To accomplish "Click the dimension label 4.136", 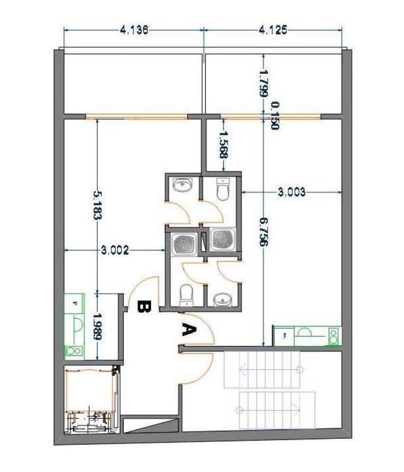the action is tap(134, 30).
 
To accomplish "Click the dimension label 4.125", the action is tap(273, 30).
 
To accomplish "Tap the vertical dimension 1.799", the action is tap(263, 83).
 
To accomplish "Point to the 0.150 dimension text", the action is tap(275, 116).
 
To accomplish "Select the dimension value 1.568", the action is tap(223, 144).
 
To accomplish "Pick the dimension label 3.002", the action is tap(115, 250).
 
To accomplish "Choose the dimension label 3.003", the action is tap(291, 192).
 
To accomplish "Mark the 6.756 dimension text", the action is tap(263, 232).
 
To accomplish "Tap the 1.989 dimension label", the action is tap(97, 327).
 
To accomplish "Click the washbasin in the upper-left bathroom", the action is tap(183, 184).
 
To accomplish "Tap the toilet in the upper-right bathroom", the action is tap(222, 189).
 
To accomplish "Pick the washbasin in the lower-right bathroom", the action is tap(222, 300).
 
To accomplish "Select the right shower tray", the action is tap(222, 239).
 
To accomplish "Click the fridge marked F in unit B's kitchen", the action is tap(75, 303).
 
